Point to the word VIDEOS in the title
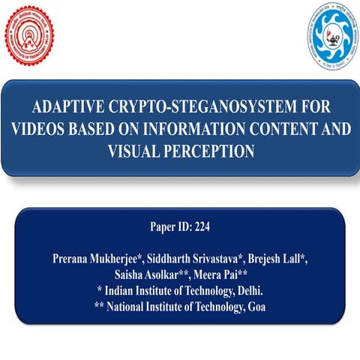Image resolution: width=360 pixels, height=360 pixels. tap(40, 128)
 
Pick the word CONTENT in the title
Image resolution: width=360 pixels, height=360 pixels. tap(286, 128)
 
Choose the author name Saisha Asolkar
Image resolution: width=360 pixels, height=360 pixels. tap(160, 275)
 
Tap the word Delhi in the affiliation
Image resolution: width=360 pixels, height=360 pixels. tap(246, 291)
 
